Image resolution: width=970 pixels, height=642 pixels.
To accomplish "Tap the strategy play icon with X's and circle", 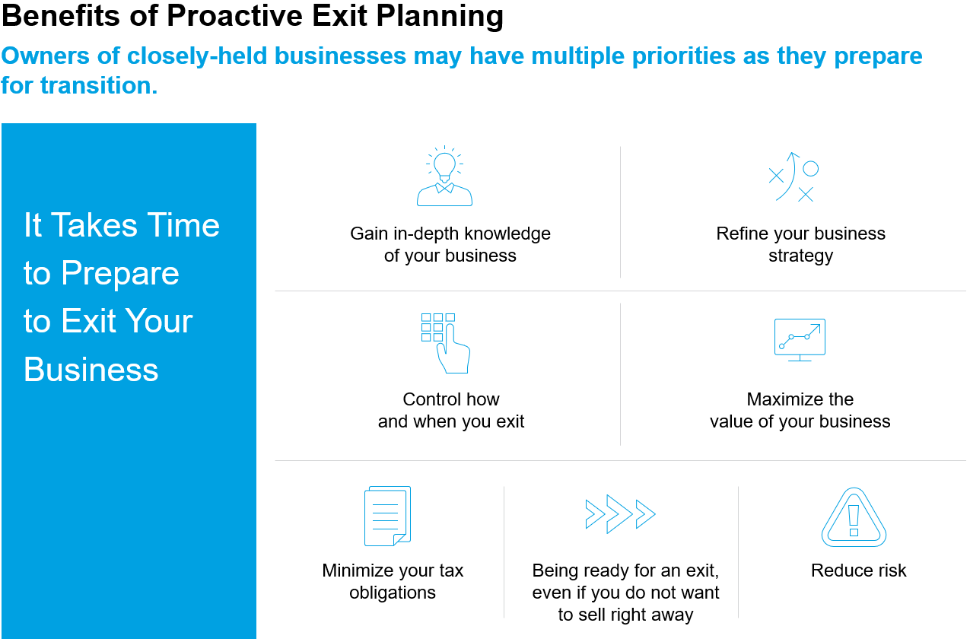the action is [793, 177].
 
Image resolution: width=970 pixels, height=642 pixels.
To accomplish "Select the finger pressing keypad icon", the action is [446, 343].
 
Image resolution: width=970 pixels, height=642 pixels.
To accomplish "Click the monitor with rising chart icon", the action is [800, 340].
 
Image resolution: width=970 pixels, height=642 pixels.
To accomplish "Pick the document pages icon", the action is [387, 516].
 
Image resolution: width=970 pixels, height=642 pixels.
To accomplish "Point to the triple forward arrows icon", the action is [620, 514].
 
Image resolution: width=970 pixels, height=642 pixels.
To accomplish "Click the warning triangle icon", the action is [854, 517].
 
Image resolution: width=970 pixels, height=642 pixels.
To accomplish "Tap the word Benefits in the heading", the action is [61, 16].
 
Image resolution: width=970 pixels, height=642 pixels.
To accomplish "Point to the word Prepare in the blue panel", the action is [120, 275].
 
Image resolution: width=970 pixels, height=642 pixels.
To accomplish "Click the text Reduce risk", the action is [858, 570].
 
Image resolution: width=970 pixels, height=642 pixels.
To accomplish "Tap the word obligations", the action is [393, 593].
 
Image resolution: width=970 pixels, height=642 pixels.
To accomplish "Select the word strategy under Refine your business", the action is [800, 256].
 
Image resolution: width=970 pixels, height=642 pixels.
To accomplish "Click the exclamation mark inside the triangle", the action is [854, 520].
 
